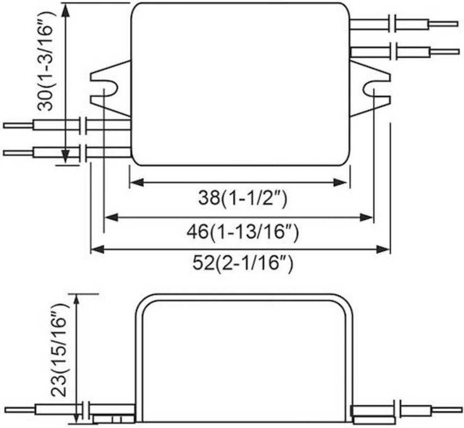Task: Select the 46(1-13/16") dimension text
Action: pyautogui.click(x=243, y=232)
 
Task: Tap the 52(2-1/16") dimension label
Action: pyautogui.click(x=243, y=263)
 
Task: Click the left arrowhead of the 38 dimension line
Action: pyautogui.click(x=137, y=182)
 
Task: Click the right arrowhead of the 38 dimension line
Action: pyautogui.click(x=339, y=182)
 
